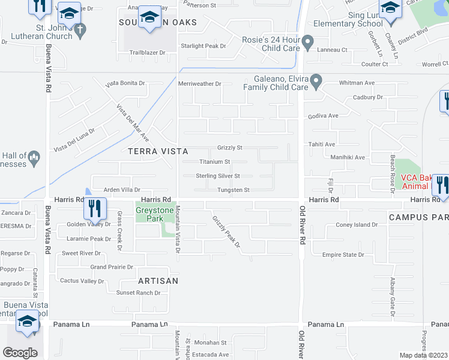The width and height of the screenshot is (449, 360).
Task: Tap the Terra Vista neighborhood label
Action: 158,152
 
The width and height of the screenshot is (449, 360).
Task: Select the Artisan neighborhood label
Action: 158,280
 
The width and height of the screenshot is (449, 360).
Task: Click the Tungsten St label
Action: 233,190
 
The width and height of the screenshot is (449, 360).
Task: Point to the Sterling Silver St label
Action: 218,176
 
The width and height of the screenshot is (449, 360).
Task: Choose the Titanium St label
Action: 214,162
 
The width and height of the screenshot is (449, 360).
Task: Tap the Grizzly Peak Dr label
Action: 226,232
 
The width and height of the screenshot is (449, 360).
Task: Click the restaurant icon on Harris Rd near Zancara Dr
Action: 94,209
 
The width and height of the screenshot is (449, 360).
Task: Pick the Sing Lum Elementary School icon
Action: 391,9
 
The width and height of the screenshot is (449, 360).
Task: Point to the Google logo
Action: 20,353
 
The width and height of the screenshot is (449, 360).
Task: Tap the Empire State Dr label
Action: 343,254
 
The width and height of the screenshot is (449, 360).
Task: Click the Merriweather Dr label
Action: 200,84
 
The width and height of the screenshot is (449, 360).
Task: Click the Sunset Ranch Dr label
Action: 138,293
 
